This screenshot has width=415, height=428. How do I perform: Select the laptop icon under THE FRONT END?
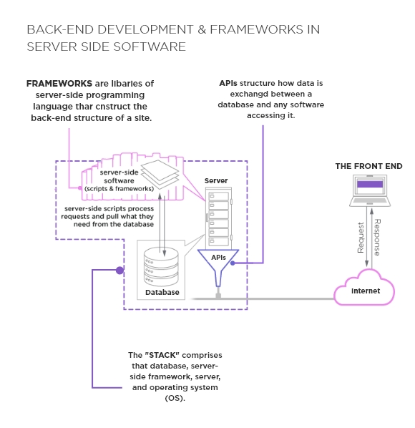369,190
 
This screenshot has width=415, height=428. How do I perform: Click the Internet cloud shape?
365,290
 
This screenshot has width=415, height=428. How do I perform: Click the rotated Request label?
361,238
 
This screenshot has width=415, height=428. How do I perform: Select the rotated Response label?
377,238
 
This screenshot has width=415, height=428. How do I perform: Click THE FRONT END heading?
368,166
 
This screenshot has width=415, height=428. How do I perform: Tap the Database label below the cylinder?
162,293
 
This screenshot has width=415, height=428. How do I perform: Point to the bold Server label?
216,181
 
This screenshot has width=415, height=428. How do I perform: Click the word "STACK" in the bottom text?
165,355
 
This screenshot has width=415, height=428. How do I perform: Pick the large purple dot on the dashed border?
120,271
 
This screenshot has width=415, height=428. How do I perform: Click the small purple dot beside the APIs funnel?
233,263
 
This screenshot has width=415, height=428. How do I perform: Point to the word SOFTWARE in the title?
151,47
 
